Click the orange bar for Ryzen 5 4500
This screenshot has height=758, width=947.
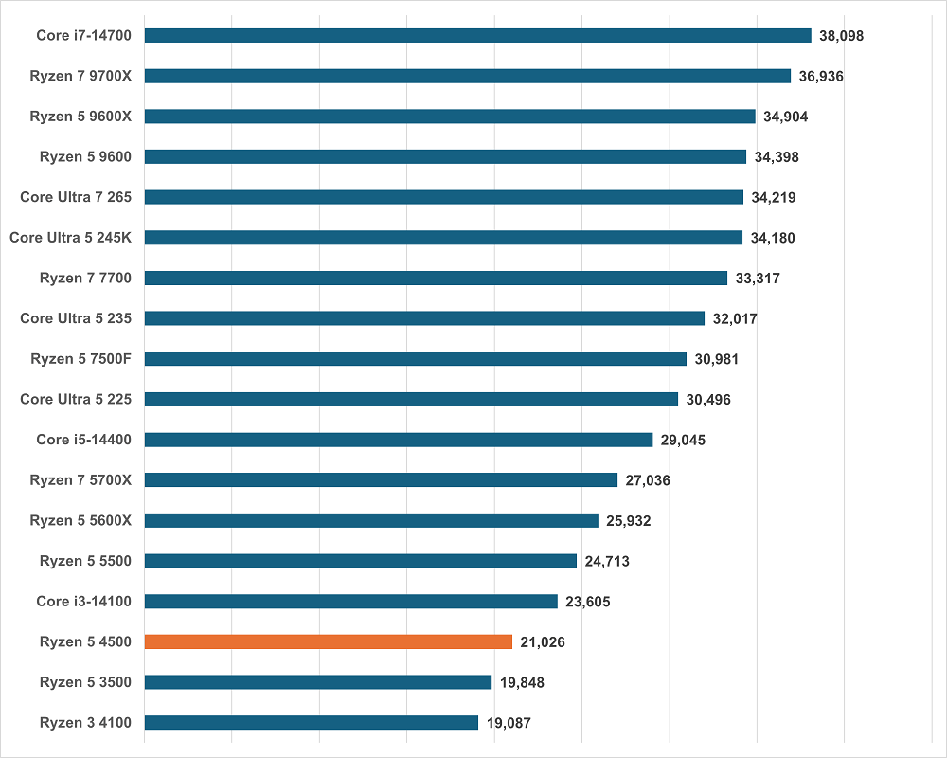click(328, 641)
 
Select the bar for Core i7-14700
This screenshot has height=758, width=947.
click(477, 35)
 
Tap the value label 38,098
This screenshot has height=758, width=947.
click(842, 36)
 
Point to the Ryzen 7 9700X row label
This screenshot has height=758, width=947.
click(80, 76)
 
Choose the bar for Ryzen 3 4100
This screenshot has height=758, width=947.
click(311, 723)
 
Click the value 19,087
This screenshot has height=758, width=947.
click(509, 723)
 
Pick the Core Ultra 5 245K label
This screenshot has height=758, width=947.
click(70, 238)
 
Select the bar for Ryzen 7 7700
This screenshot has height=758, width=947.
click(436, 278)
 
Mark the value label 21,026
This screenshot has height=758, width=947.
click(543, 642)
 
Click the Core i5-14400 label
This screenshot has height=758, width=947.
click(83, 440)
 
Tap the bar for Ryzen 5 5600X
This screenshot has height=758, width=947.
click(371, 520)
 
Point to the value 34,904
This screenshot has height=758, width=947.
click(785, 117)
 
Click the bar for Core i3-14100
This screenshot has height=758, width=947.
click(350, 602)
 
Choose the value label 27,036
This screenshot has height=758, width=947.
click(648, 480)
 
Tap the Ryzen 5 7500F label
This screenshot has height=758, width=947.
click(80, 359)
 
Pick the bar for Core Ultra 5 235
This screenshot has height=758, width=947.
click(424, 318)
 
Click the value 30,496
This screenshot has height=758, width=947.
click(708, 400)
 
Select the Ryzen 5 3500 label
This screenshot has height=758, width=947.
click(85, 682)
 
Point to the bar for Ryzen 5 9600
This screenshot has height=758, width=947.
click(445, 156)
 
